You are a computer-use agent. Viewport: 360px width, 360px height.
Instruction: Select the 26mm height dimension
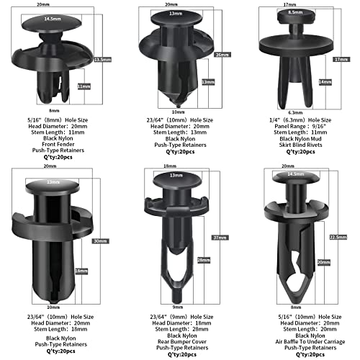click(x=220, y=55)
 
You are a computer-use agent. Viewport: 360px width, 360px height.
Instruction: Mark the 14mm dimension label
click(x=328, y=82)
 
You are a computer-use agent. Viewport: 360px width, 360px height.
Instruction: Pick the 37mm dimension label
click(x=217, y=238)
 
